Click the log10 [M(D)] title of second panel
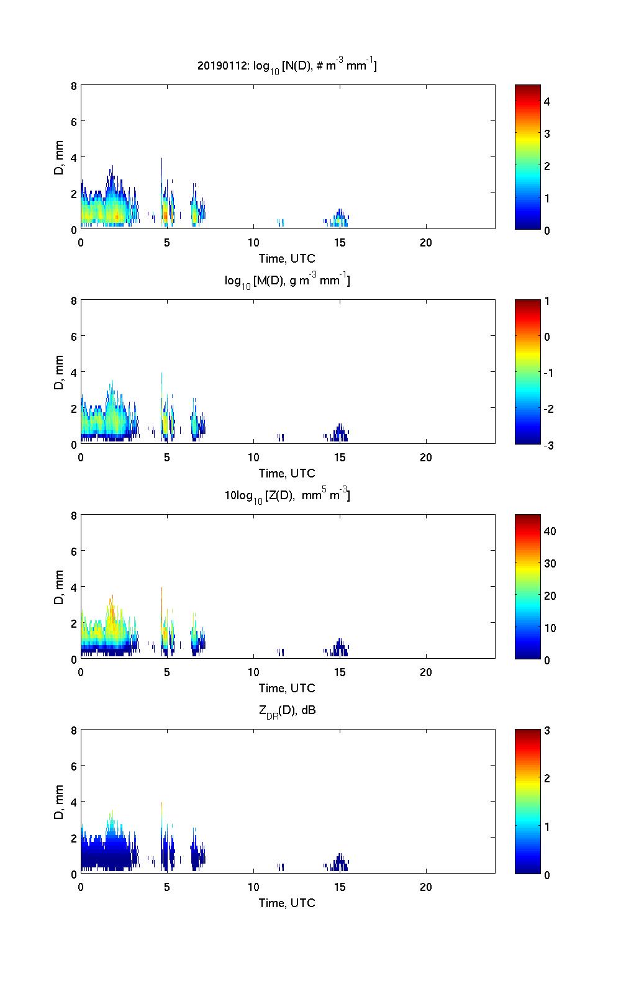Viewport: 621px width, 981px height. tap(287, 281)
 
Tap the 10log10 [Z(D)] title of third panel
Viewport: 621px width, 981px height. tap(287, 496)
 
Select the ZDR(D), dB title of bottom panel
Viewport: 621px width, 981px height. tap(287, 711)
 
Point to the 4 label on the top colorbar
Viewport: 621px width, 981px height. tap(547, 101)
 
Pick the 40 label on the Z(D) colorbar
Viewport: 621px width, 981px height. tap(550, 531)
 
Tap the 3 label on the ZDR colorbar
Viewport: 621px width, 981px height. tap(547, 731)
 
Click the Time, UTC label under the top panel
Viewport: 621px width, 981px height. tap(287, 258)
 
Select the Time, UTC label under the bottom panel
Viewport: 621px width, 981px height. tap(287, 903)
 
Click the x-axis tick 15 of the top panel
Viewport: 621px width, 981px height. tap(340, 243)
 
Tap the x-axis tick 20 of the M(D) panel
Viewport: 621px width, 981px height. tap(426, 458)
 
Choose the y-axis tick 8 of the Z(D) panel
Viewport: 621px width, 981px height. tap(74, 516)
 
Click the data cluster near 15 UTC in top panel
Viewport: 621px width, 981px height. tap(339, 219)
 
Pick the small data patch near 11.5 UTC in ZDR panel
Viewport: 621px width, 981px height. tap(281, 867)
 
